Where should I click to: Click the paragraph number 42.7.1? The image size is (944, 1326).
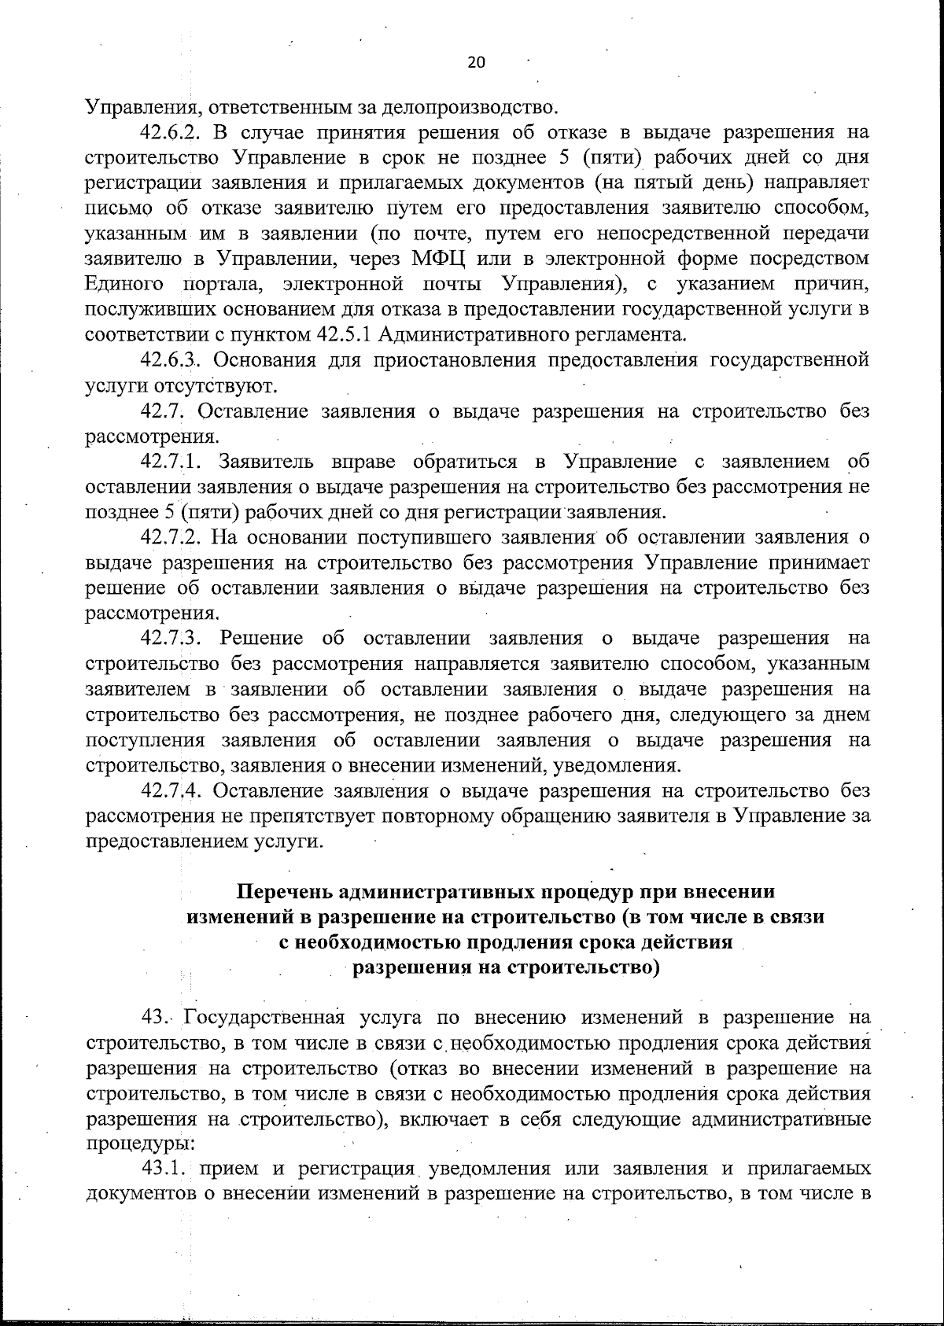tap(173, 461)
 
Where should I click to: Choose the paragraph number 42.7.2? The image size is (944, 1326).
tap(173, 537)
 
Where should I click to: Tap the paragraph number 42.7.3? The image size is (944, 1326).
tap(173, 638)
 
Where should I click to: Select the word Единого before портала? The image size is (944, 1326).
tap(124, 284)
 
